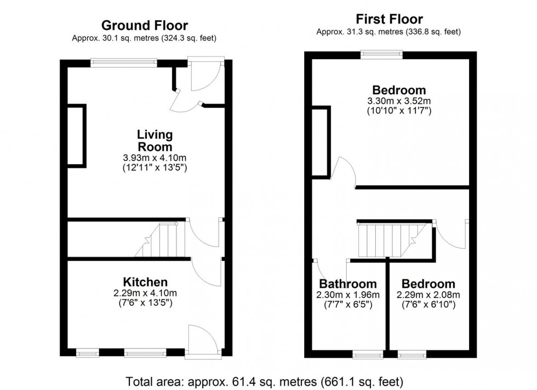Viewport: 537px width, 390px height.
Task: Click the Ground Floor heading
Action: tap(145, 25)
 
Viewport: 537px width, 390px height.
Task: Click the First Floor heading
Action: tap(389, 19)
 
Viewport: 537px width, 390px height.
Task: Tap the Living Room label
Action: tap(155, 140)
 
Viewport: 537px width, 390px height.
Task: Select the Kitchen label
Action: tap(145, 282)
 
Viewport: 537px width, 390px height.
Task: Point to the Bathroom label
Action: tap(348, 284)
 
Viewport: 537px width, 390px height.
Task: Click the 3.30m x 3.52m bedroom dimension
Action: tap(399, 101)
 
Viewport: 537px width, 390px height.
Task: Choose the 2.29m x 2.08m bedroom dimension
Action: tap(429, 295)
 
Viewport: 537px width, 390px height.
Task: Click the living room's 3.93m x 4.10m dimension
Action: tap(155, 158)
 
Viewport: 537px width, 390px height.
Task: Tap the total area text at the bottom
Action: tap(264, 381)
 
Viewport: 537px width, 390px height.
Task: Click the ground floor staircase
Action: tap(160, 240)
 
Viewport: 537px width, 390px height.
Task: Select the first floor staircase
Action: tap(392, 240)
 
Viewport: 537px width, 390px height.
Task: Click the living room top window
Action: tap(124, 62)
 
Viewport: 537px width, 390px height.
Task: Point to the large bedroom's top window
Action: tap(381, 54)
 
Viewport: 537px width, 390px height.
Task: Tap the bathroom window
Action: tap(368, 354)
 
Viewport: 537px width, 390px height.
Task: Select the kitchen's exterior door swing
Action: tap(203, 339)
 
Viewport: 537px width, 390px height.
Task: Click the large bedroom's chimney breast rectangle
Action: tap(321, 142)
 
